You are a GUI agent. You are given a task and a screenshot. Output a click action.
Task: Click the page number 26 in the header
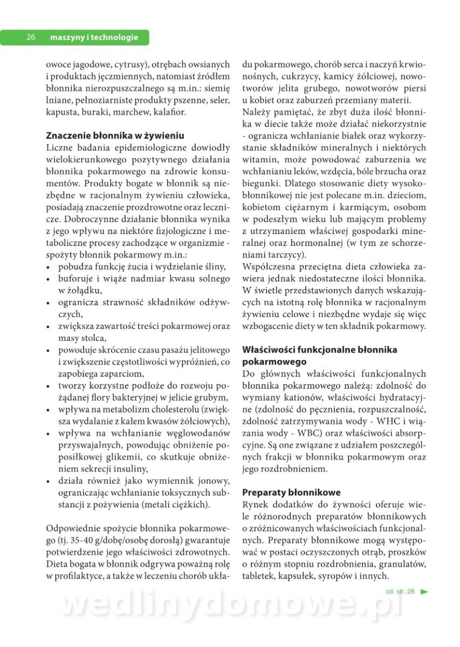(31, 37)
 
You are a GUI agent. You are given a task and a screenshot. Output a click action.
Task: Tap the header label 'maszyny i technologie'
(94, 37)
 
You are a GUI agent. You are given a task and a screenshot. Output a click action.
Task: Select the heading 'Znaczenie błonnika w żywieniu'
(115, 135)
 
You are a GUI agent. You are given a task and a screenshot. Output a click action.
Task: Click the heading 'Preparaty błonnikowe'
(291, 492)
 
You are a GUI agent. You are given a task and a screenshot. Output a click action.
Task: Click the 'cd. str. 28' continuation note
(400, 591)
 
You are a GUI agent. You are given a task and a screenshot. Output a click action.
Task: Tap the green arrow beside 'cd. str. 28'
(424, 591)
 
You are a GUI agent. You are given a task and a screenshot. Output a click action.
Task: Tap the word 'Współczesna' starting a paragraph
(268, 266)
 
